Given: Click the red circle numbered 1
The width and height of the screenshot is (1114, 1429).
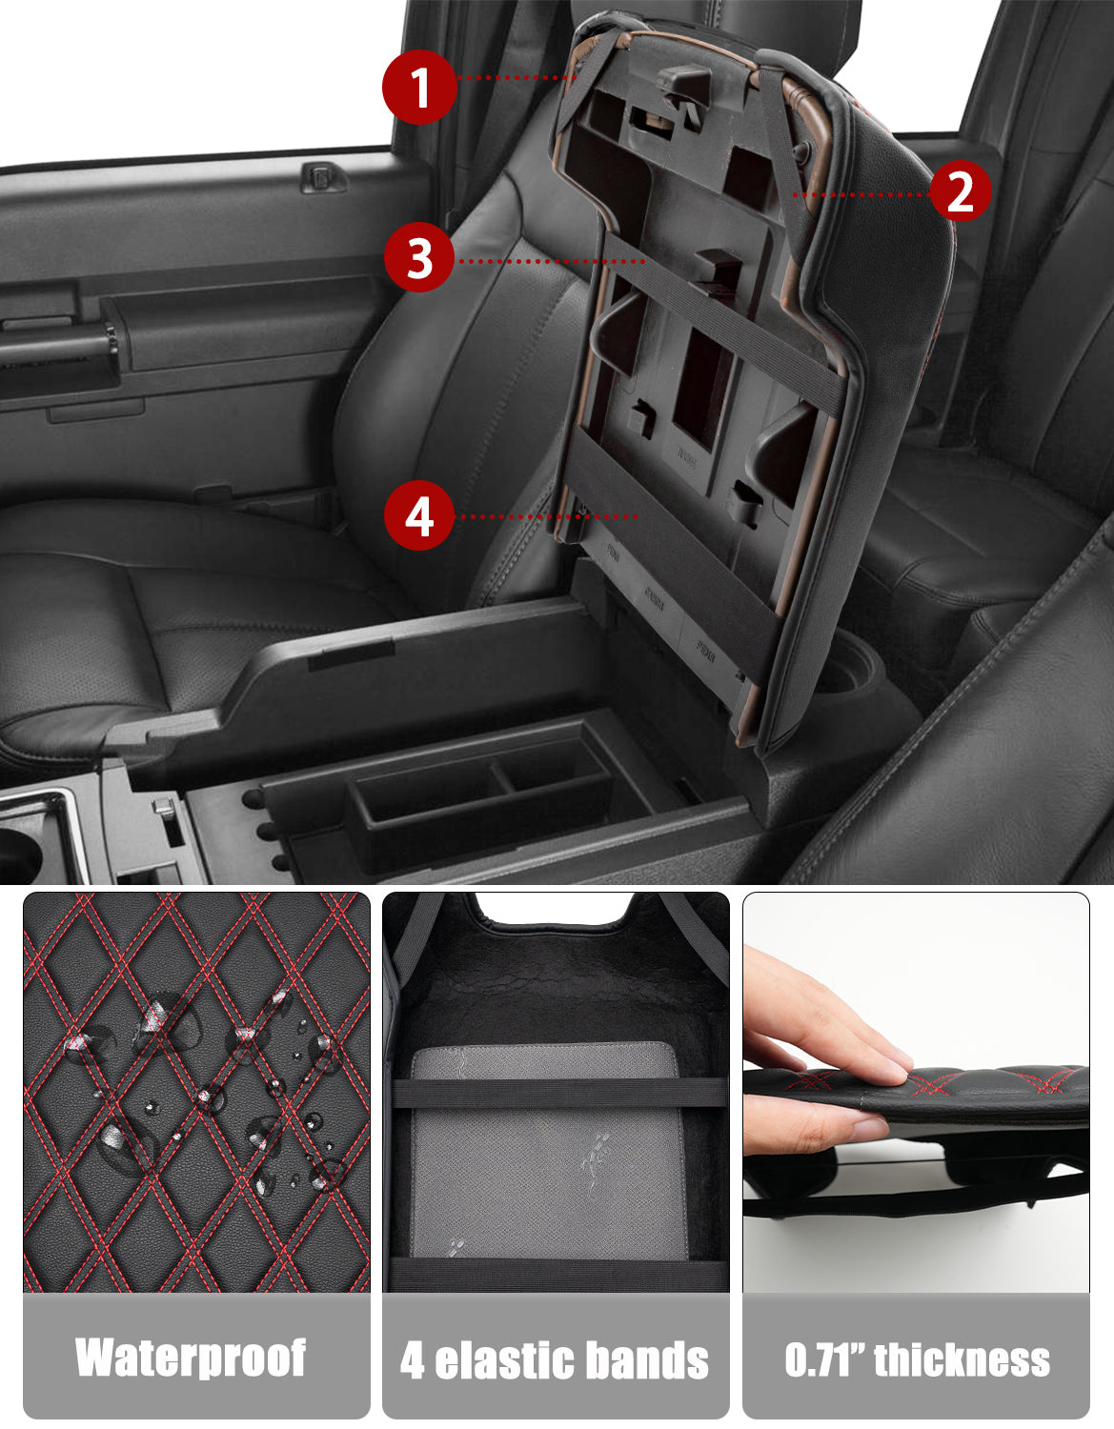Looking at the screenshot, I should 419,88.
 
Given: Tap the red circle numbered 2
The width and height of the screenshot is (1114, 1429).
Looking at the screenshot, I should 960,191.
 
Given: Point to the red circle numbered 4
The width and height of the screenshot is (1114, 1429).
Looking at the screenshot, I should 419,515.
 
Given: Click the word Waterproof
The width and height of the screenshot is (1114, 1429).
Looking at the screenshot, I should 192,1358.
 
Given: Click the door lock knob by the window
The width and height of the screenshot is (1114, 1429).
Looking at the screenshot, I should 323,176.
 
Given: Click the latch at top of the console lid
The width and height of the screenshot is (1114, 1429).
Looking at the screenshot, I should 682,88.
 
